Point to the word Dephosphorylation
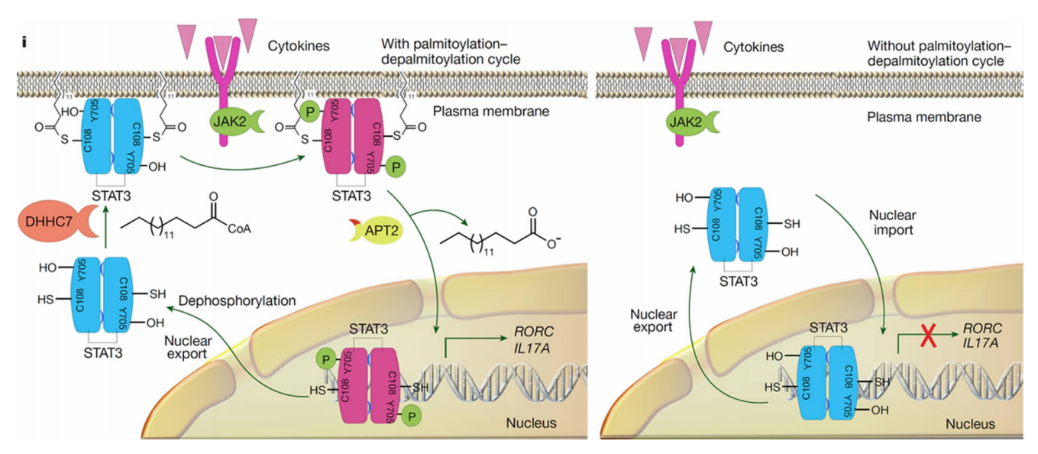coord(237,300)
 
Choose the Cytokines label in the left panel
coord(298,46)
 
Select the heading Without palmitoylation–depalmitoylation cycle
coord(935,54)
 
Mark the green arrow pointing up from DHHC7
coord(105,229)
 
